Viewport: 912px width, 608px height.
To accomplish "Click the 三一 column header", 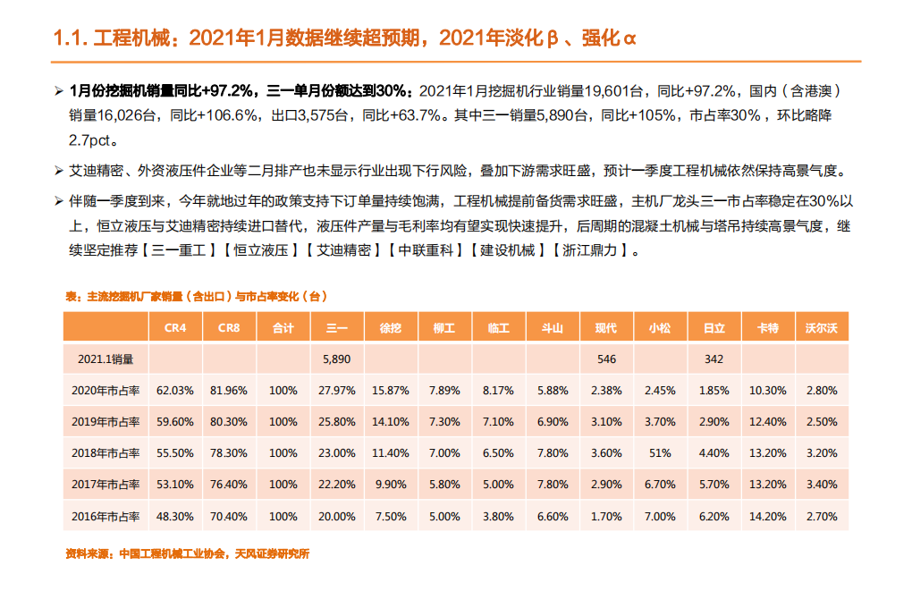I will click(x=337, y=328).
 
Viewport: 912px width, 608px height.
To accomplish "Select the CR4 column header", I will click(x=175, y=328).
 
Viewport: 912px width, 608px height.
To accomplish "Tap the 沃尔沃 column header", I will click(x=820, y=328).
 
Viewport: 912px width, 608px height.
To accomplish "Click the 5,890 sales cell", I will click(x=337, y=359).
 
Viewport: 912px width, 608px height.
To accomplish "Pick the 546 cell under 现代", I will click(x=606, y=359).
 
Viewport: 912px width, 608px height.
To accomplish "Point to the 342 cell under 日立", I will click(x=714, y=359).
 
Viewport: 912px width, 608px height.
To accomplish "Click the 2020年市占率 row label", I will click(x=106, y=390).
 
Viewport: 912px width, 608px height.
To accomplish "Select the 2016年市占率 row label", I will click(x=106, y=516).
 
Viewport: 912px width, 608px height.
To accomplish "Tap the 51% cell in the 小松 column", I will click(x=660, y=453).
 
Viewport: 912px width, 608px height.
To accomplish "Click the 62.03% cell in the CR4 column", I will click(x=175, y=390).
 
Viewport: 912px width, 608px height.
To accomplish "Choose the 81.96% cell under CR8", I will click(x=229, y=390).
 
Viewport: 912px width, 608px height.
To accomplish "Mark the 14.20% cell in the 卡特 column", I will click(x=767, y=516).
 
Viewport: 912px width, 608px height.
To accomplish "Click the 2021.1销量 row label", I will click(x=106, y=359).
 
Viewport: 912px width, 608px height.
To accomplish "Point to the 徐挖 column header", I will click(x=391, y=328).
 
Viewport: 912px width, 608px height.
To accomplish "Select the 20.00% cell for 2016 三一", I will click(x=337, y=516).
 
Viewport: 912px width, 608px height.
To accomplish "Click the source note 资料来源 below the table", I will click(x=187, y=553).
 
